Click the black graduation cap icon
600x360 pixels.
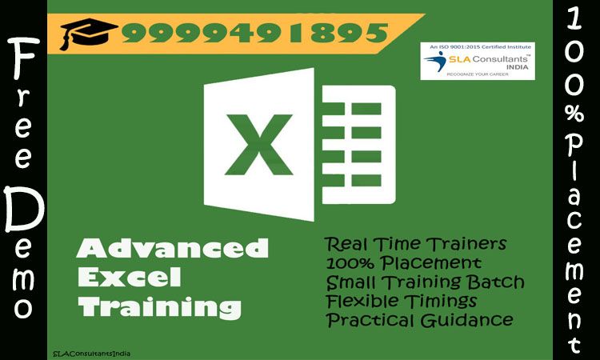89,34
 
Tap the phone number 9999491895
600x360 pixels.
255,33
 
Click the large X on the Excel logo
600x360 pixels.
259,145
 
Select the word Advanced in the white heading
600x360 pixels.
173,248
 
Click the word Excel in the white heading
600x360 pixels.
130,277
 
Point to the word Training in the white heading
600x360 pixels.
160,307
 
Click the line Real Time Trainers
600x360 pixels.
415,244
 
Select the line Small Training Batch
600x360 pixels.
425,282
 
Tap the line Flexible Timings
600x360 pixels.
402,301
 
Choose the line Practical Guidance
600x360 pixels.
420,320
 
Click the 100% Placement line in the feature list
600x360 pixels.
404,263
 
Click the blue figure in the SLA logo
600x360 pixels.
436,62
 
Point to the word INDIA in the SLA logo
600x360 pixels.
518,67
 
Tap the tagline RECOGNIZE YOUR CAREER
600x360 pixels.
478,74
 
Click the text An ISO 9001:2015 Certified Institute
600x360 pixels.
480,46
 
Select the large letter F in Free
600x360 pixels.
26,58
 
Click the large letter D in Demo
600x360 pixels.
24,210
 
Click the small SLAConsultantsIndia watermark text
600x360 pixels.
91,354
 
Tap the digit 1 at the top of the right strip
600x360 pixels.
574,19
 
